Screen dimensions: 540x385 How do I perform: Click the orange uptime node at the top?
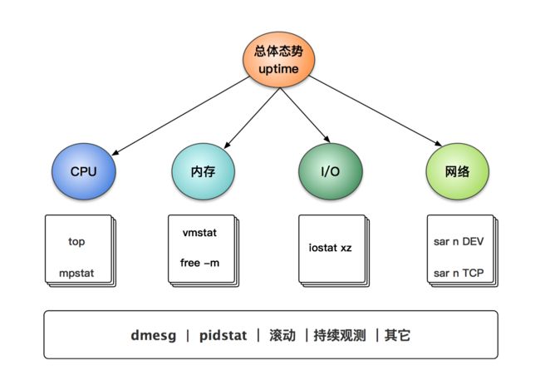point(278,60)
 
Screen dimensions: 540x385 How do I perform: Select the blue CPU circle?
point(84,171)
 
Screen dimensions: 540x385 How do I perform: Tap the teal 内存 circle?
point(204,171)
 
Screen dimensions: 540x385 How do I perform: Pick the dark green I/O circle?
point(331,171)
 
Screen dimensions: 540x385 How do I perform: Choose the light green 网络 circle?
point(458,171)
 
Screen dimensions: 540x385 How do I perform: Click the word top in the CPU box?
point(76,242)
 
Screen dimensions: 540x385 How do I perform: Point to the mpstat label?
point(76,274)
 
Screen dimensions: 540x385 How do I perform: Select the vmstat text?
point(199,233)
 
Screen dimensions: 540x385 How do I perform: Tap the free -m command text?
point(199,263)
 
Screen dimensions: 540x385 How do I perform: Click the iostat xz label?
point(331,248)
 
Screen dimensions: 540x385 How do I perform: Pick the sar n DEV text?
point(459,241)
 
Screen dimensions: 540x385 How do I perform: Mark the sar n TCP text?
point(459,273)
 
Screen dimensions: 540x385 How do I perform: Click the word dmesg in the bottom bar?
point(154,335)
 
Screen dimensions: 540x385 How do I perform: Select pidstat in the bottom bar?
point(223,335)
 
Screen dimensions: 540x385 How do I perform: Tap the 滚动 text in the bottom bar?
point(282,335)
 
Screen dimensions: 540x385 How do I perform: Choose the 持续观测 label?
point(340,335)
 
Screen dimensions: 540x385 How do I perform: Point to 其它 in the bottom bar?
point(397,335)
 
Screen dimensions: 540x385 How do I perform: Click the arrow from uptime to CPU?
point(180,116)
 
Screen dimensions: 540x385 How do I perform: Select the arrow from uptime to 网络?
point(376,111)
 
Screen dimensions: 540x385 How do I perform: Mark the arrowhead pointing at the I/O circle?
point(327,139)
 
